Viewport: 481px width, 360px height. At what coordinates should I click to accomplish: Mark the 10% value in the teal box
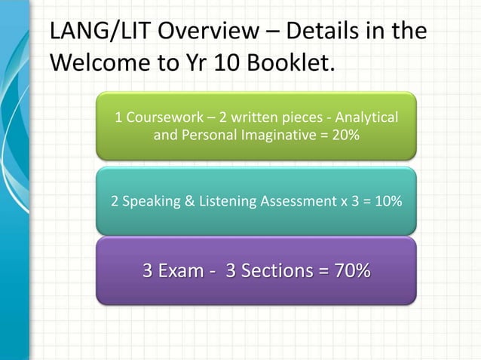[x=385, y=202]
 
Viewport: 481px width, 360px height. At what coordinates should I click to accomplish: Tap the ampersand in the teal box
[x=183, y=202]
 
